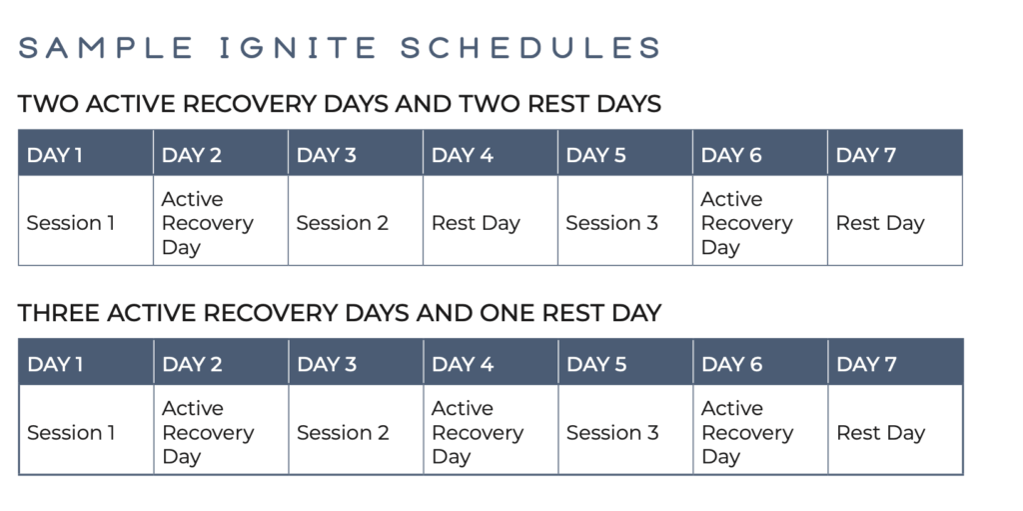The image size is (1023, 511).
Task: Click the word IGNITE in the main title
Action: point(298,48)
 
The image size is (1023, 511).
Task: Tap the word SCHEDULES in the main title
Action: point(531,48)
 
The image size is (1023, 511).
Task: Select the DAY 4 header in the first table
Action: point(462,155)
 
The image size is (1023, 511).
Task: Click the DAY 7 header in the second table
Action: point(866,364)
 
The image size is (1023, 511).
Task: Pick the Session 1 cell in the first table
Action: point(71,223)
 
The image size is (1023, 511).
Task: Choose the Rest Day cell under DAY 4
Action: point(476,223)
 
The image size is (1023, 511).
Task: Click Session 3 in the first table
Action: point(612,223)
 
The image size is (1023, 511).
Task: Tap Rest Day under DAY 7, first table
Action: point(880,223)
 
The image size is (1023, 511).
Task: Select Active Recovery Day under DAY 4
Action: point(478,432)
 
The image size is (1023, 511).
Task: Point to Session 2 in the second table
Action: point(344,433)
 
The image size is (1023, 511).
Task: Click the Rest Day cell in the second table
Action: point(881,433)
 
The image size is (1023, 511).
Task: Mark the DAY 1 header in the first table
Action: point(55,155)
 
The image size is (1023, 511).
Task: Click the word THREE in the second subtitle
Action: point(59,313)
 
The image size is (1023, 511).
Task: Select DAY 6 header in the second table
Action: point(732,364)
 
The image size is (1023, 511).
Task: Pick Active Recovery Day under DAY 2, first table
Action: point(208,223)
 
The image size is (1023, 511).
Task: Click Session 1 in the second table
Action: point(71,433)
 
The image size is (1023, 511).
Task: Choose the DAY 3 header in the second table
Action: point(327,364)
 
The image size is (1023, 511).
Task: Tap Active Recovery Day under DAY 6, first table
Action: point(746,223)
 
